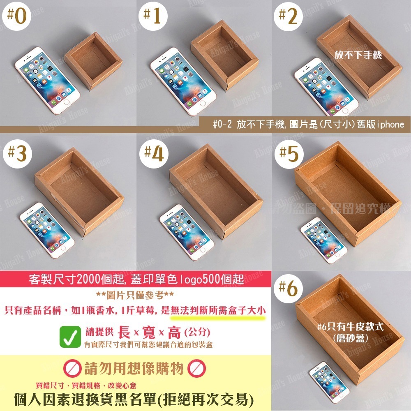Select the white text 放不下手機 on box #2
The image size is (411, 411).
click(358, 54)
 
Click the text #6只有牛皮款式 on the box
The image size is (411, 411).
click(351, 327)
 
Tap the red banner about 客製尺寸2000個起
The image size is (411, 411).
click(136, 280)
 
